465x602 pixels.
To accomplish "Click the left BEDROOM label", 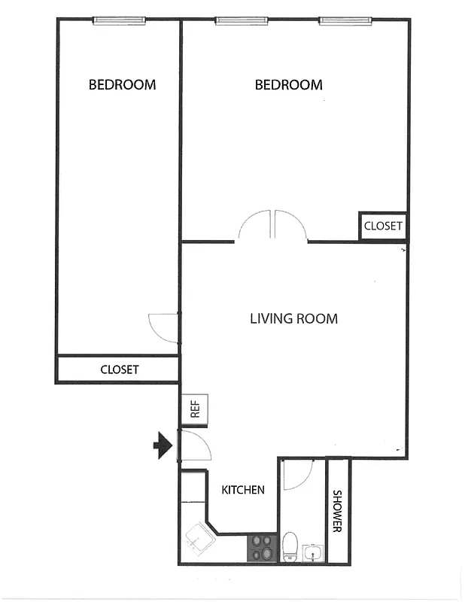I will coord(122,84).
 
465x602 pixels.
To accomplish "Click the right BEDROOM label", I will coord(288,85).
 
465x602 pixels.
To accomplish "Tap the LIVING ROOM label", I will coord(293,318).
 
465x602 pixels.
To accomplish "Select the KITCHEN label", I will coord(242,490).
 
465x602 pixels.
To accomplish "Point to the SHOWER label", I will coord(338,512).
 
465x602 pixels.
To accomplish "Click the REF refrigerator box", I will coord(194,409).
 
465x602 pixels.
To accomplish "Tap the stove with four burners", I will coord(263,547).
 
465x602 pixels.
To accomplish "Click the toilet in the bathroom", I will coord(290,545).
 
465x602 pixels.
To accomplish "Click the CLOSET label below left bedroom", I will coord(120,369).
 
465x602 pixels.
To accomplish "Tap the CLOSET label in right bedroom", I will coord(383,226).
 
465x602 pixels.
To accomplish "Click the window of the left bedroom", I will coord(120,21).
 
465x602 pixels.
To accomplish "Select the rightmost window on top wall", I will coord(346,21).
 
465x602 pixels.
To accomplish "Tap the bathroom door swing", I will coord(298,474).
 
